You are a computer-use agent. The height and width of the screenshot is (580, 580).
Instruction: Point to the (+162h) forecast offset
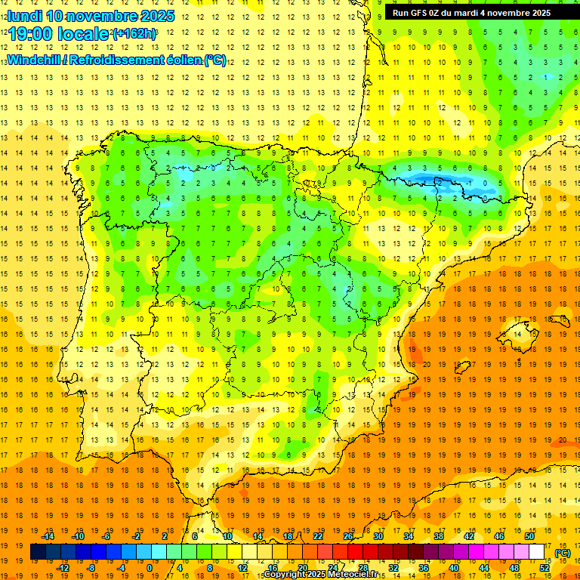(x=134, y=34)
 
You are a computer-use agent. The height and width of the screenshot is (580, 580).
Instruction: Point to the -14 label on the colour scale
(x=48, y=536)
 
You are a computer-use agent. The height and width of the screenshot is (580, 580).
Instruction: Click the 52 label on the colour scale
(x=545, y=567)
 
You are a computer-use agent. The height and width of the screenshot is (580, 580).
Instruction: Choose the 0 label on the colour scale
(x=150, y=567)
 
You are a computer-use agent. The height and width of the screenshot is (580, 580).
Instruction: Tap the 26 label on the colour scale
(x=348, y=536)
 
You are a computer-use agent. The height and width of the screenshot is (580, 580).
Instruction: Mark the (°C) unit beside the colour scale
(x=562, y=552)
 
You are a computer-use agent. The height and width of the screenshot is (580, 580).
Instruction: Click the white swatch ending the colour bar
(x=536, y=552)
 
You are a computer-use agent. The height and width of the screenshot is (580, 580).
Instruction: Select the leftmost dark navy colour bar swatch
(x=38, y=552)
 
